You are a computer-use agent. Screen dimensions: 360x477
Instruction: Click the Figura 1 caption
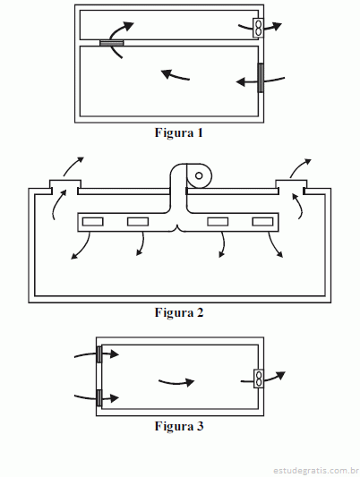click(178, 133)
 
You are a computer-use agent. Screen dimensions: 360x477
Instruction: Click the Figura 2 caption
click(179, 312)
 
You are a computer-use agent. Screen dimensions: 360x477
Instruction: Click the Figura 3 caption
click(179, 426)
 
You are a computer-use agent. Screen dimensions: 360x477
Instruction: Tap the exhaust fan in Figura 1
click(258, 28)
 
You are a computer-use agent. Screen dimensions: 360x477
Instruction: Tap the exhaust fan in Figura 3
click(259, 379)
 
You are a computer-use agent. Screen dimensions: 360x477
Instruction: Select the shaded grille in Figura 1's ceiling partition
click(112, 43)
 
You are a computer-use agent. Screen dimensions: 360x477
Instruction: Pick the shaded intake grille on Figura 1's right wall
click(261, 78)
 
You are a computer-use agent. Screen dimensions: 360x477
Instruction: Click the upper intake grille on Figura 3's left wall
click(99, 354)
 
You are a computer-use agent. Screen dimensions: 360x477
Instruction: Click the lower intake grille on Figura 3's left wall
click(99, 398)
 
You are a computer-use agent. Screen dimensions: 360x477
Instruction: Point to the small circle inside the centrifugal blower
click(199, 175)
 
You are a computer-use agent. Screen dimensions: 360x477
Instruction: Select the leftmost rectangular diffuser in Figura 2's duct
click(93, 222)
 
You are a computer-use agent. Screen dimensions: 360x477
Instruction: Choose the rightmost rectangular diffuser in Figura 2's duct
click(262, 222)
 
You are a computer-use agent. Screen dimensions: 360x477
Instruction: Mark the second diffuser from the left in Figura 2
click(138, 222)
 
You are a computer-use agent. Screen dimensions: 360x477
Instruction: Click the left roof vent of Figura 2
click(65, 184)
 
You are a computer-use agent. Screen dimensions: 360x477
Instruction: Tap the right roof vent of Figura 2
click(291, 184)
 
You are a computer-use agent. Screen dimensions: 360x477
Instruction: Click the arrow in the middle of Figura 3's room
click(176, 383)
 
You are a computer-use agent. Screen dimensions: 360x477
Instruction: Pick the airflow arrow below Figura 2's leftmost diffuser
click(82, 248)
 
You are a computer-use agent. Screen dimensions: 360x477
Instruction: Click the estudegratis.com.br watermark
click(315, 471)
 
